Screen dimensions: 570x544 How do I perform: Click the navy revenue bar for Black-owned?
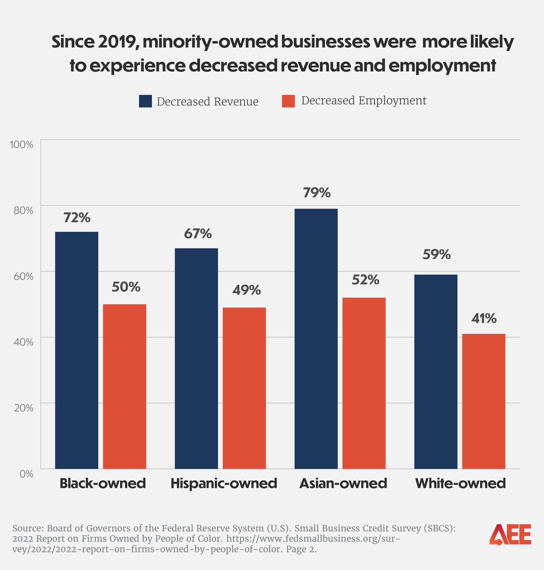tap(76, 350)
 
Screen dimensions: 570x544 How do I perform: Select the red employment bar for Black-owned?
tap(124, 386)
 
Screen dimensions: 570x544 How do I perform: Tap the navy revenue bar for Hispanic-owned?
tap(196, 358)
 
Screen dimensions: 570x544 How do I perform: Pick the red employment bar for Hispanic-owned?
tap(244, 388)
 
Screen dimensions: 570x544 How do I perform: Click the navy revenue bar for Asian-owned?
tap(316, 339)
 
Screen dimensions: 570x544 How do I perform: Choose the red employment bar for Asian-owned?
tap(364, 383)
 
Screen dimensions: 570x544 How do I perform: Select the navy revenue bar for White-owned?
tap(436, 372)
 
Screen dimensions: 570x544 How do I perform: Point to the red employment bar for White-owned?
tap(483, 401)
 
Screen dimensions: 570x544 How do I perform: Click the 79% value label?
tap(316, 192)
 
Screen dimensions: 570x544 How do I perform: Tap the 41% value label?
tap(484, 318)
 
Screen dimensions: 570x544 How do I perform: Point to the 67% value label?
tap(198, 234)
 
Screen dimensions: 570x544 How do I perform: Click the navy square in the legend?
tap(145, 101)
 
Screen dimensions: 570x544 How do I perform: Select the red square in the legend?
tap(288, 101)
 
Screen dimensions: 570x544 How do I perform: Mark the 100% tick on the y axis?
tap(22, 144)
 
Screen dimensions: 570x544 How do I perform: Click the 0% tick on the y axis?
tap(26, 474)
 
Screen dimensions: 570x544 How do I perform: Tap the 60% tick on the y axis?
tap(23, 276)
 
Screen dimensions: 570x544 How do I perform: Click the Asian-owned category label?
tap(343, 483)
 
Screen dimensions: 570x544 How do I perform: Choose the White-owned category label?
tap(460, 483)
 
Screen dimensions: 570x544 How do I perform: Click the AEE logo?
tap(510, 534)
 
